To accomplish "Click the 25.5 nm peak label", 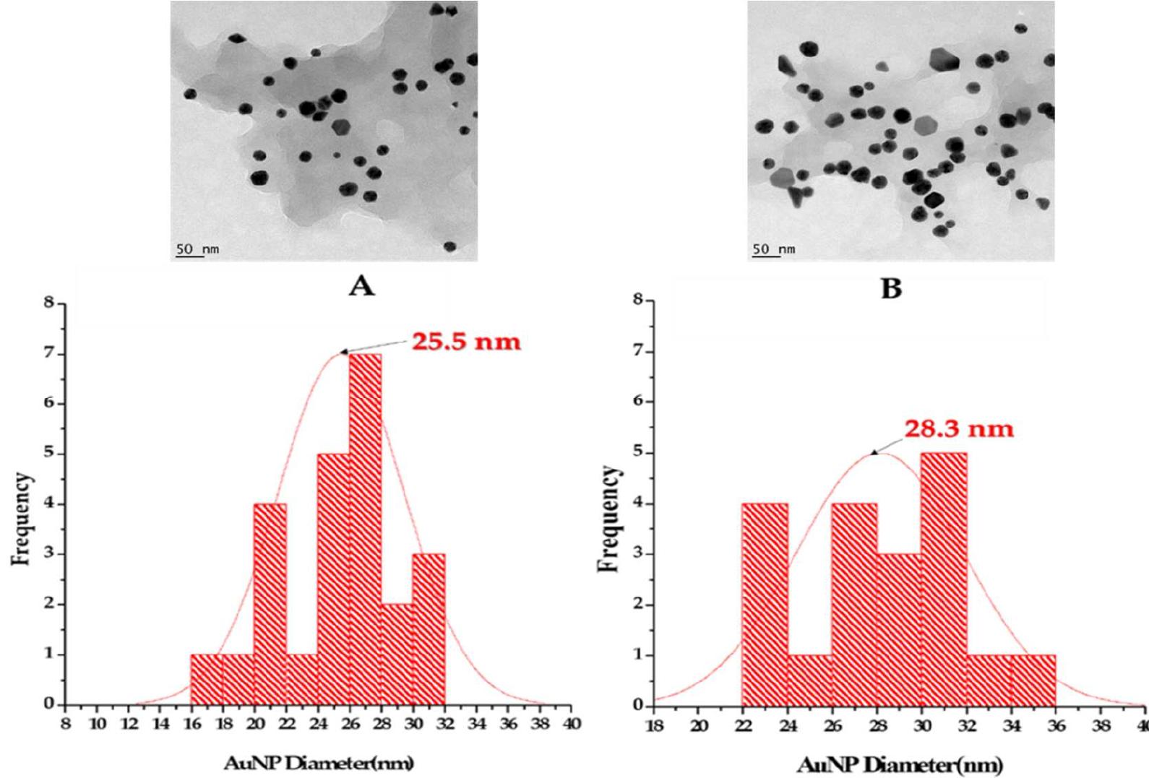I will [x=466, y=341].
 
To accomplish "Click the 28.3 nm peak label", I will [x=959, y=429].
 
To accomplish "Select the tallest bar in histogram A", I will [x=365, y=527].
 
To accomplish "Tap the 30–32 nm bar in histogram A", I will [x=429, y=628].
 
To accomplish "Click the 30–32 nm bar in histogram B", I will [x=944, y=578].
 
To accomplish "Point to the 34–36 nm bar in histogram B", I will [x=1033, y=679].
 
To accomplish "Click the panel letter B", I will [x=891, y=288].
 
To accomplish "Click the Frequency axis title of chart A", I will [x=23, y=518].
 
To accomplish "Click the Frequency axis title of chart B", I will [x=611, y=519].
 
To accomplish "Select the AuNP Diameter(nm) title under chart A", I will [x=318, y=764].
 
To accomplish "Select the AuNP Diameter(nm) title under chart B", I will [x=900, y=764].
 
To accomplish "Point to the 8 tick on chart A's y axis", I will [x=49, y=303].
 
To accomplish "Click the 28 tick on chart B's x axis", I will [x=877, y=726].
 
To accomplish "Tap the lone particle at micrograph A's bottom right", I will [x=449, y=246].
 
